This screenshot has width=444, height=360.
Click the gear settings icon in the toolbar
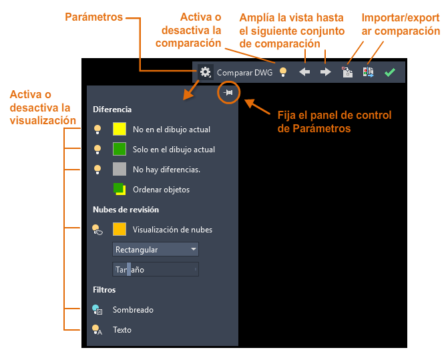tap(205, 72)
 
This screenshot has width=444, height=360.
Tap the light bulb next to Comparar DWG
tap(283, 72)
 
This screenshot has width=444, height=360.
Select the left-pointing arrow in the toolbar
tap(304, 72)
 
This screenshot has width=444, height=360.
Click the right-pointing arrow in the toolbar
tap(326, 72)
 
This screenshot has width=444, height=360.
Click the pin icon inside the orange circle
tap(228, 92)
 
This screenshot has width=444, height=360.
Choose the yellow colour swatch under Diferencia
tap(120, 129)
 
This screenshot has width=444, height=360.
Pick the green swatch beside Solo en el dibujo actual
tap(120, 149)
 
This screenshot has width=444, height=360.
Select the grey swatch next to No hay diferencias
tap(120, 170)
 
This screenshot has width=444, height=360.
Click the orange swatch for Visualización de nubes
tap(120, 229)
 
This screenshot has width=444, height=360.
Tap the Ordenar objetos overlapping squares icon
tap(120, 189)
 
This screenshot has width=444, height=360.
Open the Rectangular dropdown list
tap(156, 250)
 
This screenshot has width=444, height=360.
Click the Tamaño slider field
tap(156, 269)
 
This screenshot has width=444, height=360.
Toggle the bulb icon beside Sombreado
tap(97, 310)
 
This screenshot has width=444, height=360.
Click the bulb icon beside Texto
tap(97, 330)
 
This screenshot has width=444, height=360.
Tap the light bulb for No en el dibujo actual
tap(97, 130)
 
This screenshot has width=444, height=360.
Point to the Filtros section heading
tap(104, 290)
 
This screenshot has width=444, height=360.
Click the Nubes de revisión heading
tap(126, 210)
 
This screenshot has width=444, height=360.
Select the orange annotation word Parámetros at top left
tap(93, 17)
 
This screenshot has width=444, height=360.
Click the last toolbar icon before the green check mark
tap(369, 72)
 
